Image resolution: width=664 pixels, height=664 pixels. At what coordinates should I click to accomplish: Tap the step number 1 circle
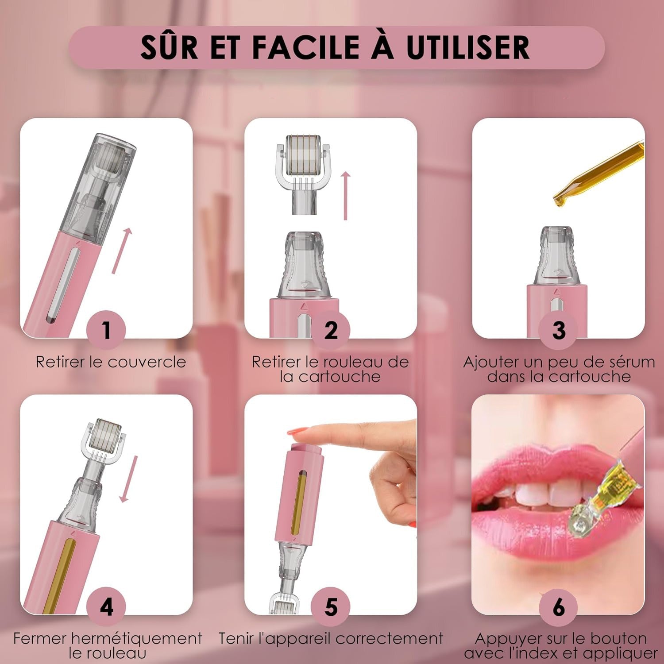[x=106, y=330]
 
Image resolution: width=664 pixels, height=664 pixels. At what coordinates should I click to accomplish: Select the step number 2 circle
[x=331, y=330]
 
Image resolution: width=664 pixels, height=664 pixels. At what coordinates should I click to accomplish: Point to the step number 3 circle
[x=559, y=330]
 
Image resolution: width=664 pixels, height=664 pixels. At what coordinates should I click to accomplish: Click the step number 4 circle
[x=106, y=606]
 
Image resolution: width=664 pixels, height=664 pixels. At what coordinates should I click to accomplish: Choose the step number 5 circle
[x=331, y=606]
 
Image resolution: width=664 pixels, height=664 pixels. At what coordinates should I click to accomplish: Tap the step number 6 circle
[x=559, y=606]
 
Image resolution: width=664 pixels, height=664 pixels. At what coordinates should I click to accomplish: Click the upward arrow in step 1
[x=122, y=250]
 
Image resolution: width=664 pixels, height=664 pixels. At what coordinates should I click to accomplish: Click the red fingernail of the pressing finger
[x=297, y=431]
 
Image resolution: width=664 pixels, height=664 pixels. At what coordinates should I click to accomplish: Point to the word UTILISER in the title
[x=468, y=47]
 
